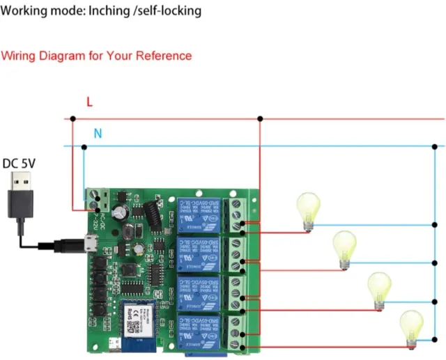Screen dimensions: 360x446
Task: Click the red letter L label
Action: click(x=89, y=102)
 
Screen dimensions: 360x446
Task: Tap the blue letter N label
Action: click(x=98, y=133)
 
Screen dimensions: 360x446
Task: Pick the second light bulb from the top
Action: click(x=344, y=248)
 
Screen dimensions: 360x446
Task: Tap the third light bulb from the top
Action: click(x=379, y=288)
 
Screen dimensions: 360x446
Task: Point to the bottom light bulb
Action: click(x=410, y=327)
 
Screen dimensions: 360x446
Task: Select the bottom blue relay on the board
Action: click(x=201, y=331)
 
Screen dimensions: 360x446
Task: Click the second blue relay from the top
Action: click(x=201, y=253)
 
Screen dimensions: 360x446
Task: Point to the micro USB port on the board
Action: click(x=90, y=244)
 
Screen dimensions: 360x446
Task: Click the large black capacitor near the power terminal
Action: click(x=121, y=208)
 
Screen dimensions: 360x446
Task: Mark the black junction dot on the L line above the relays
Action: click(x=260, y=119)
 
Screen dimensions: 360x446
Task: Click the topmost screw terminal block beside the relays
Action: click(x=241, y=214)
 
